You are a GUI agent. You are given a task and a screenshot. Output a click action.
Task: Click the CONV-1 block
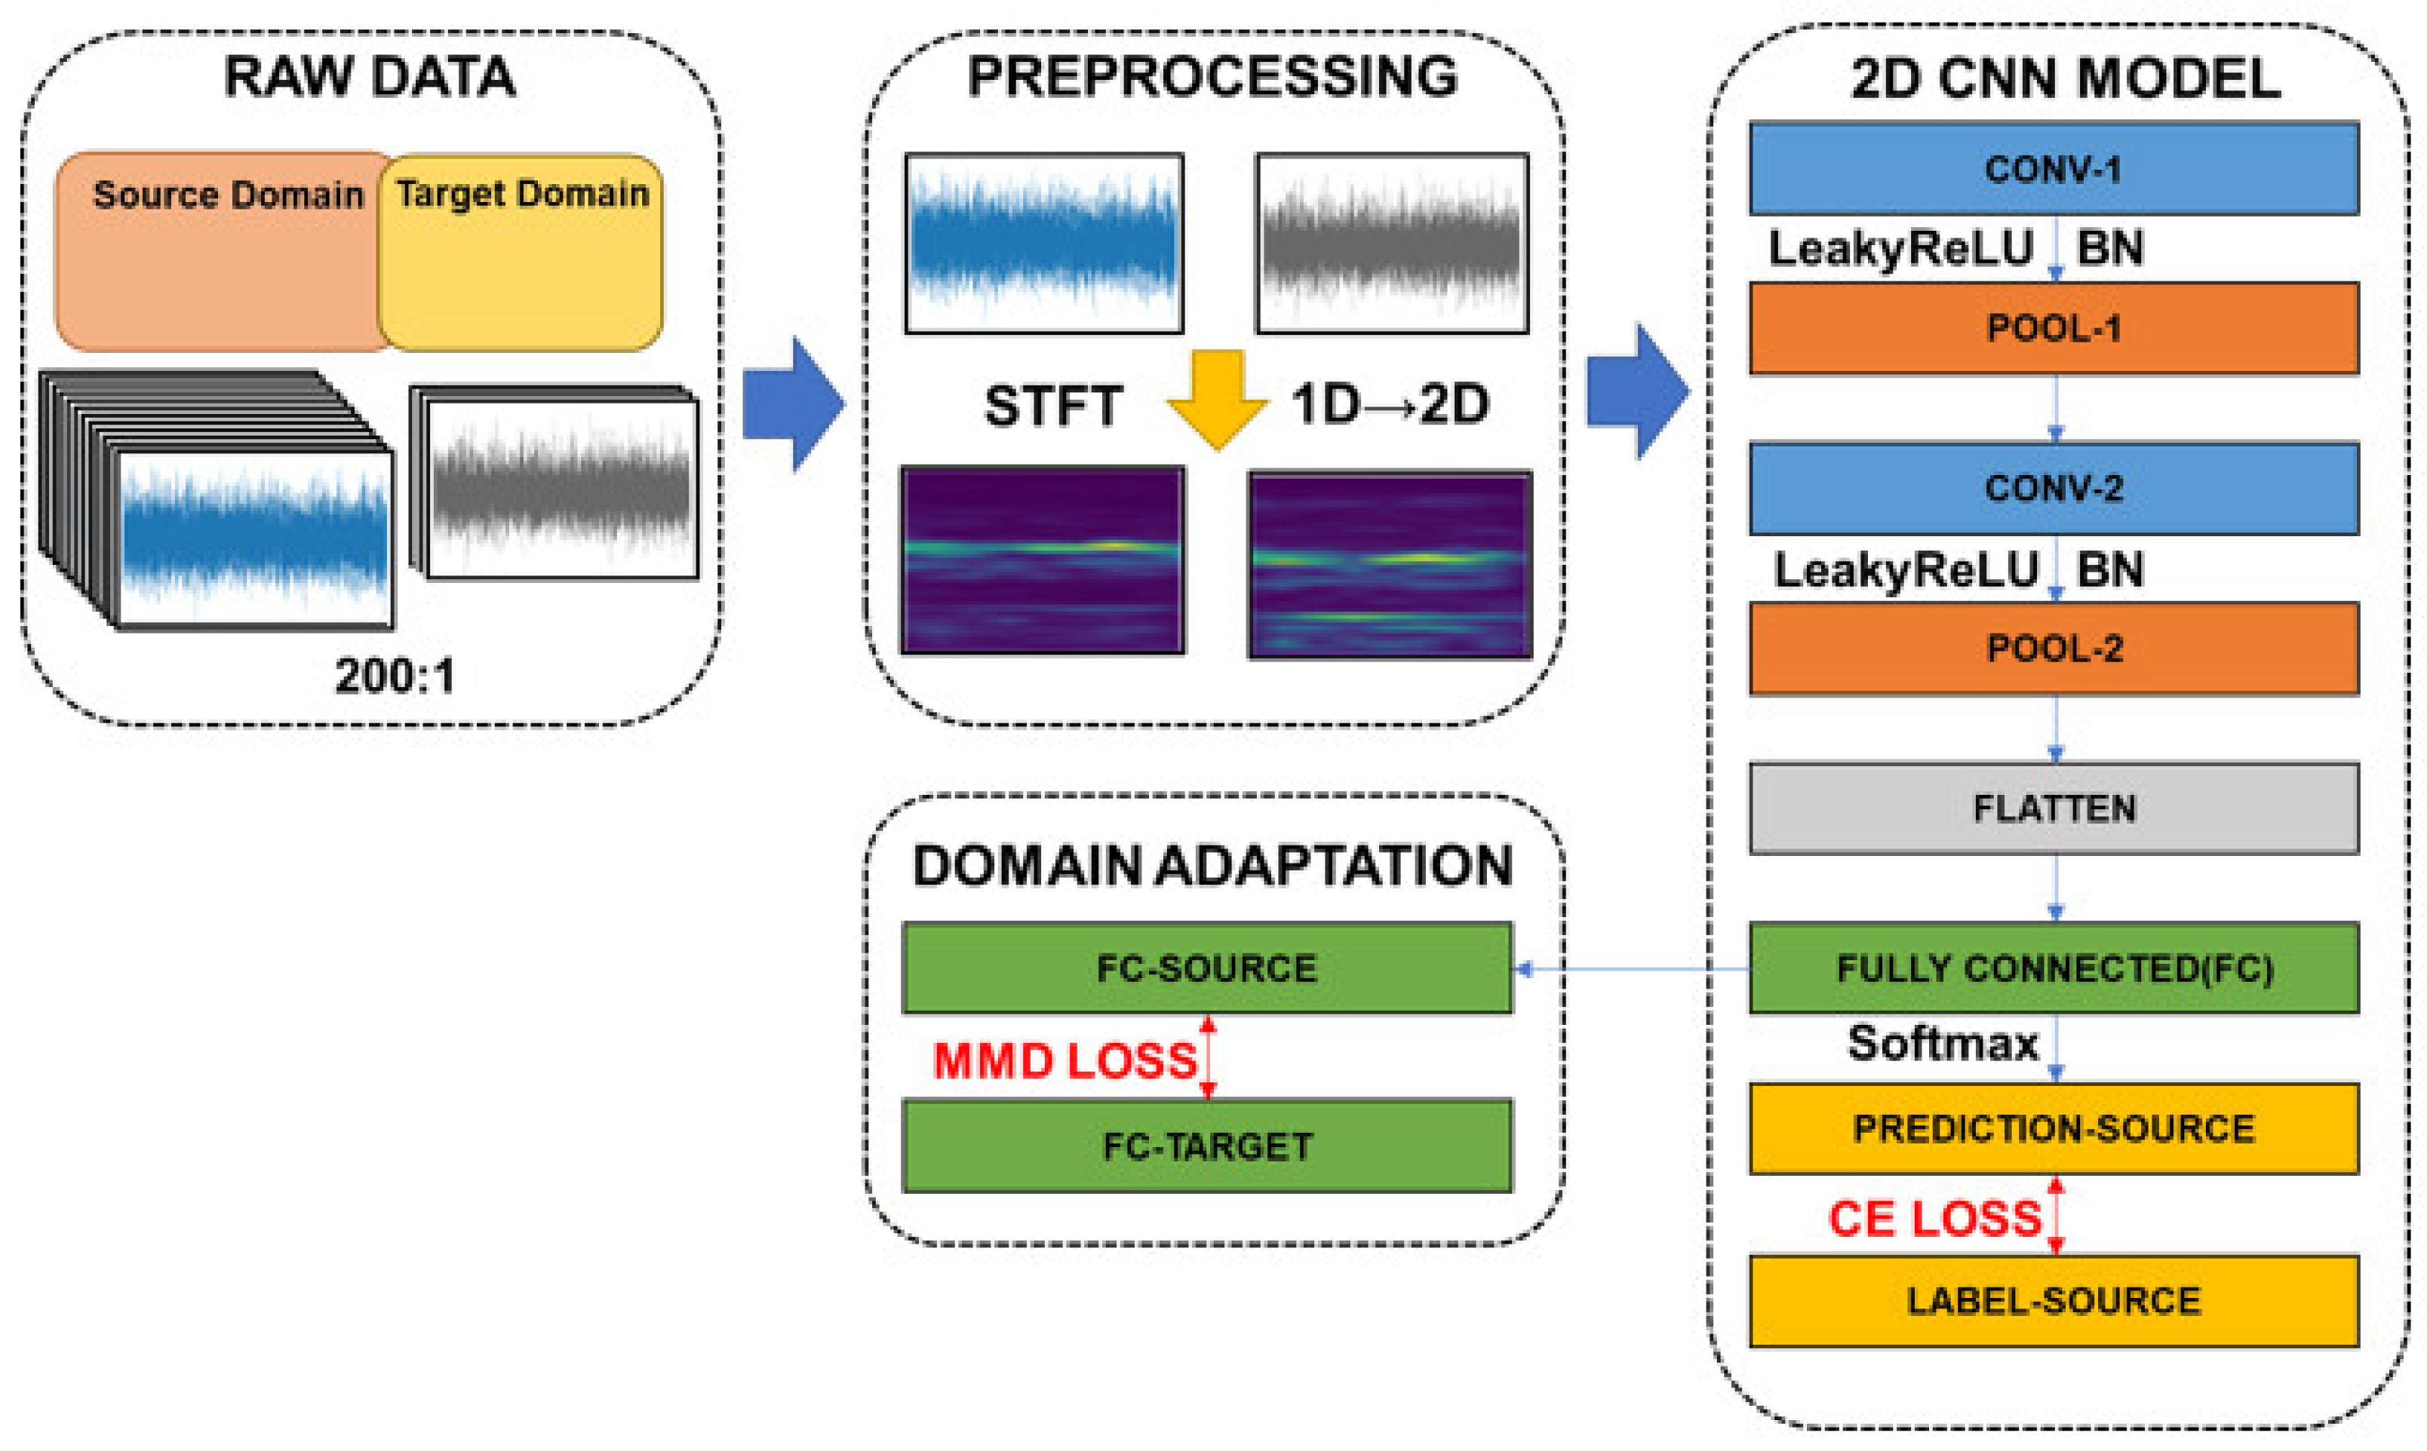(x=2054, y=168)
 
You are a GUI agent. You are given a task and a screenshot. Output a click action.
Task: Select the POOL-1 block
(x=2054, y=329)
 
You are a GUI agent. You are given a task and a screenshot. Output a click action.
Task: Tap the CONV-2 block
(x=2054, y=488)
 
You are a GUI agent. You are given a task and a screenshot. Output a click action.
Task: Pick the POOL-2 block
(x=2054, y=649)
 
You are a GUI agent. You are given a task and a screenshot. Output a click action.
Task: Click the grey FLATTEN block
(x=2054, y=808)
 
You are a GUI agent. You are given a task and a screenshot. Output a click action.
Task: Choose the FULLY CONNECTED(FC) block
(x=2054, y=968)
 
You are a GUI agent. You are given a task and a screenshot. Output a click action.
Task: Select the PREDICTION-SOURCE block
(x=2054, y=1128)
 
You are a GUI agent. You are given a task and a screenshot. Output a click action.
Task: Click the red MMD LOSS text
(x=1065, y=1061)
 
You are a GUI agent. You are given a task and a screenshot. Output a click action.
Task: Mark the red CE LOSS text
(x=1935, y=1218)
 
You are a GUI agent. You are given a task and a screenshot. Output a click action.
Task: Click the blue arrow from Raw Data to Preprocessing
(x=794, y=403)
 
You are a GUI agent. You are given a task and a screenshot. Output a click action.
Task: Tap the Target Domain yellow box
(x=521, y=252)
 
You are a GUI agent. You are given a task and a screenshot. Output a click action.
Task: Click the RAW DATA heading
(x=370, y=76)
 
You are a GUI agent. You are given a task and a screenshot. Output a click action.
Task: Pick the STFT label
(x=1052, y=406)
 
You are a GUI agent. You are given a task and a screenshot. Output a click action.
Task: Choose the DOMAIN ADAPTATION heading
(x=1212, y=865)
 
